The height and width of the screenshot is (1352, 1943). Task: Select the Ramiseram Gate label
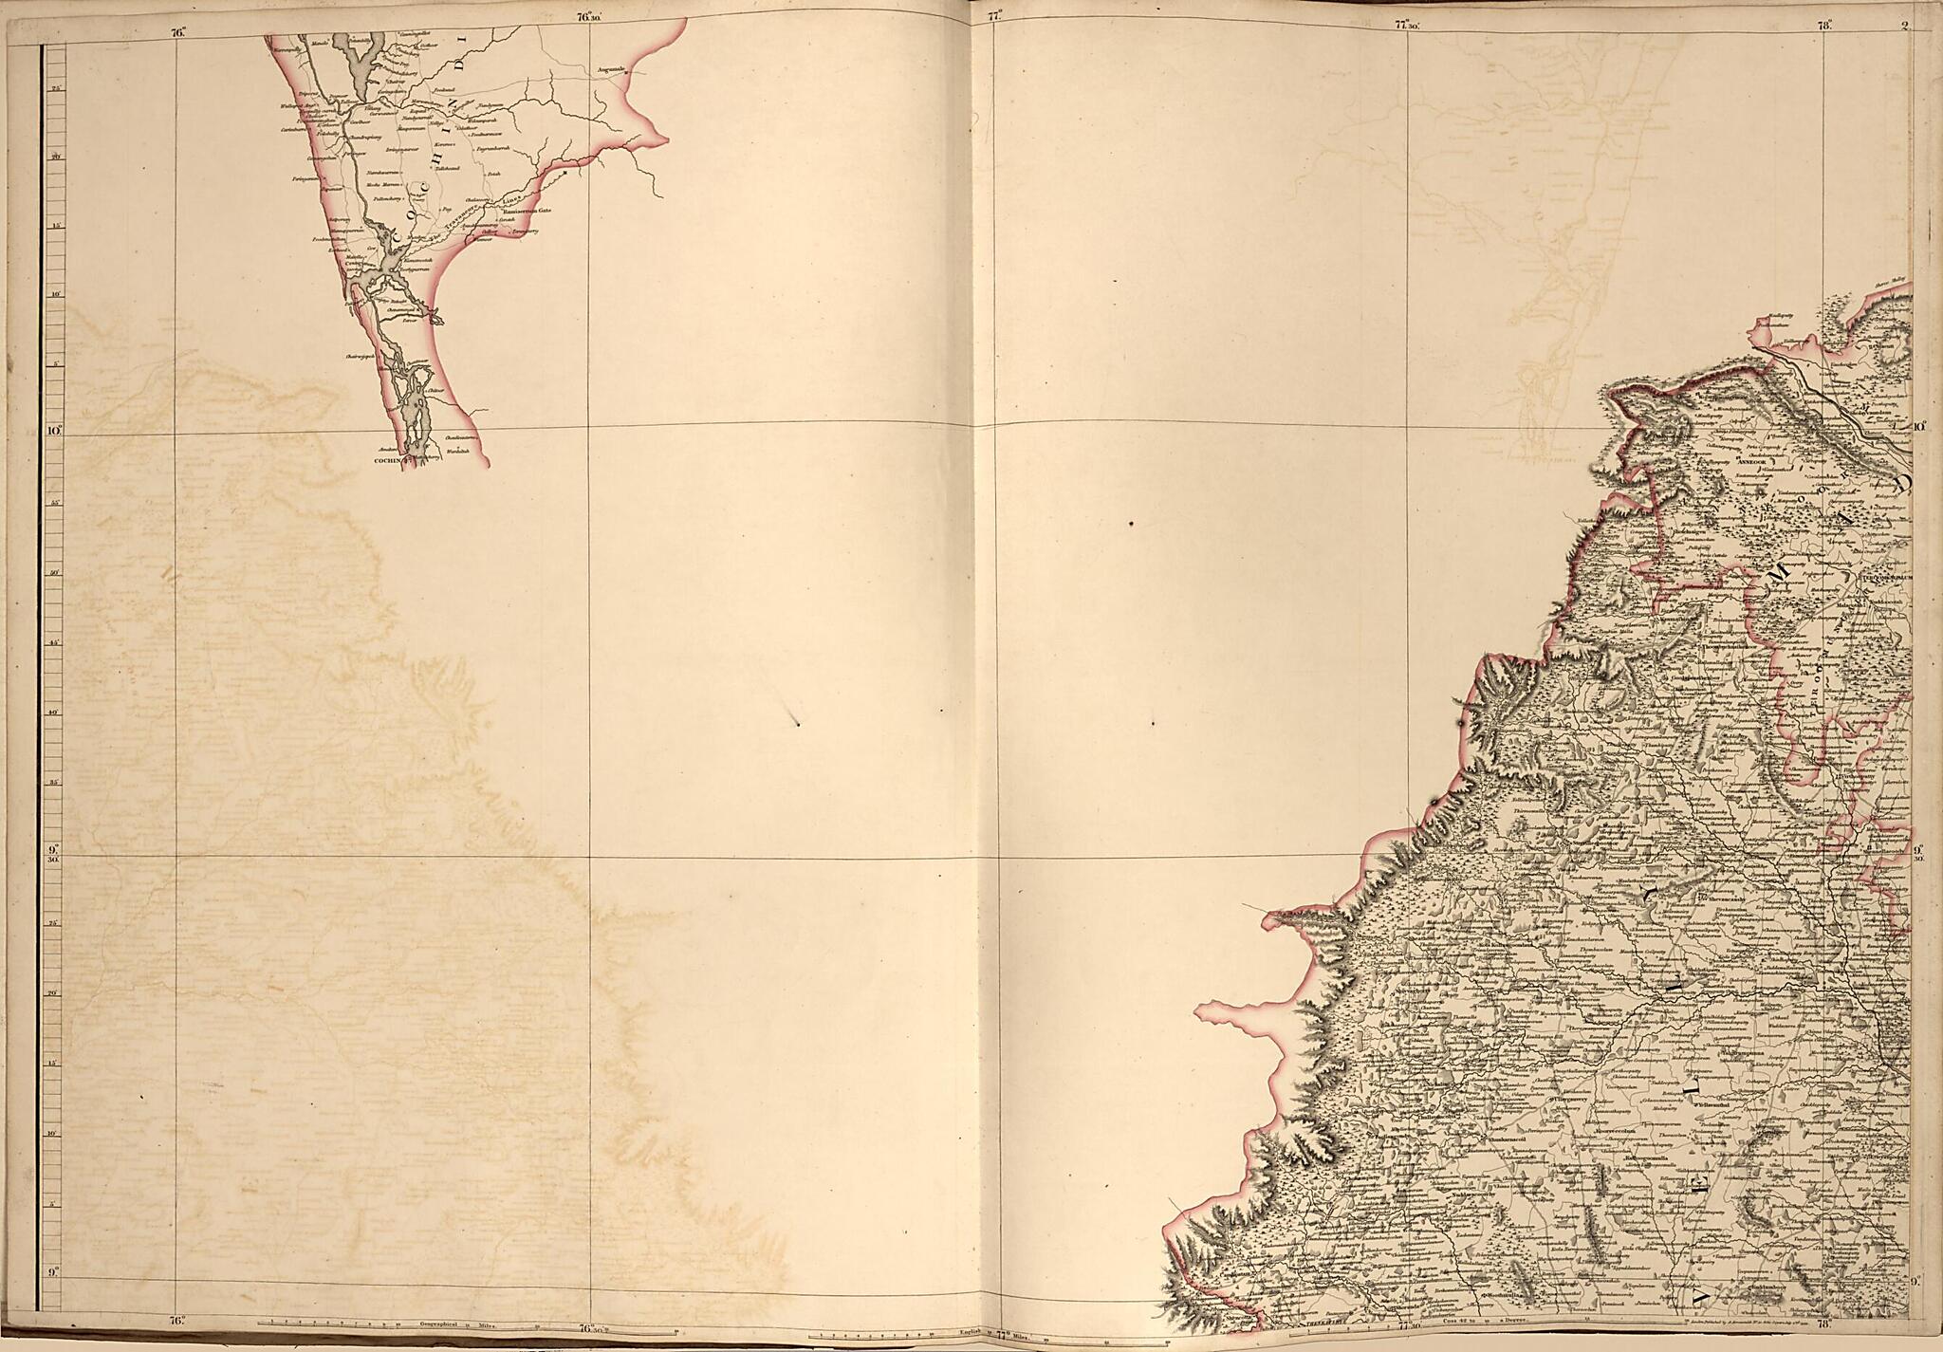532,212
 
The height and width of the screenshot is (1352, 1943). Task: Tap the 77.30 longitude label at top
1407,27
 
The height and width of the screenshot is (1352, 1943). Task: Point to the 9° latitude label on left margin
53,1273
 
